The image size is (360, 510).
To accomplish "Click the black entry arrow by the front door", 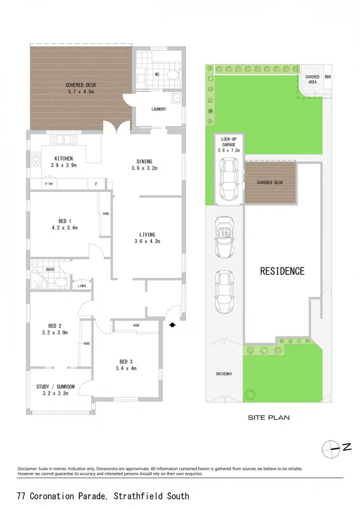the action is coord(172,325).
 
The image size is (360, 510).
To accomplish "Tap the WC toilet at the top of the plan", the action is coord(172,75).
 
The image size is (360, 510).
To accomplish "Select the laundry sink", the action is coord(176,97).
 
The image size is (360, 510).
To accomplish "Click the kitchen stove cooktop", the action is coord(35,159).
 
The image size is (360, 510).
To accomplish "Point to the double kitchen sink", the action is coord(64,140).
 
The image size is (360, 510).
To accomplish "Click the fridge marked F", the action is coord(96,184).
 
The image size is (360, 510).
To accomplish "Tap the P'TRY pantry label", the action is coord(49,184).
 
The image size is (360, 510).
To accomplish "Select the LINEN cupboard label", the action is coord(82,286).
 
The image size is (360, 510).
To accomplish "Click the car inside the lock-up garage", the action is coord(229,179).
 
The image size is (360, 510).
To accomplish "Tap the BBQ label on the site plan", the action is coord(328,77).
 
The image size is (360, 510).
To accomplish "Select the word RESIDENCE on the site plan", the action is coord(282,271).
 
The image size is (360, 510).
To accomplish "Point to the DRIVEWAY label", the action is coord(224,374).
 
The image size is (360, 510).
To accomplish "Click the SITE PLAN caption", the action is coord(268,418).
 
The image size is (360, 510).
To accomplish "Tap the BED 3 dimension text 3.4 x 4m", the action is coord(126,369).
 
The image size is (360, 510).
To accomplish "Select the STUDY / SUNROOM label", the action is coord(55,386).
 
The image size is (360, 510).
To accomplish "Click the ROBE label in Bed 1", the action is coord(106,214).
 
